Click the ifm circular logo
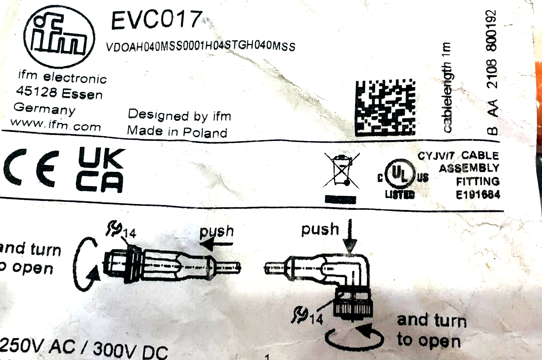pos(59,37)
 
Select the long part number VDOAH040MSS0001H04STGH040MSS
pos(200,47)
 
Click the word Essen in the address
pos(82,94)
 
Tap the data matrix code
pos(385,107)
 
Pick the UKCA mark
pos(100,170)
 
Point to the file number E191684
pos(478,195)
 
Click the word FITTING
pos(478,181)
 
